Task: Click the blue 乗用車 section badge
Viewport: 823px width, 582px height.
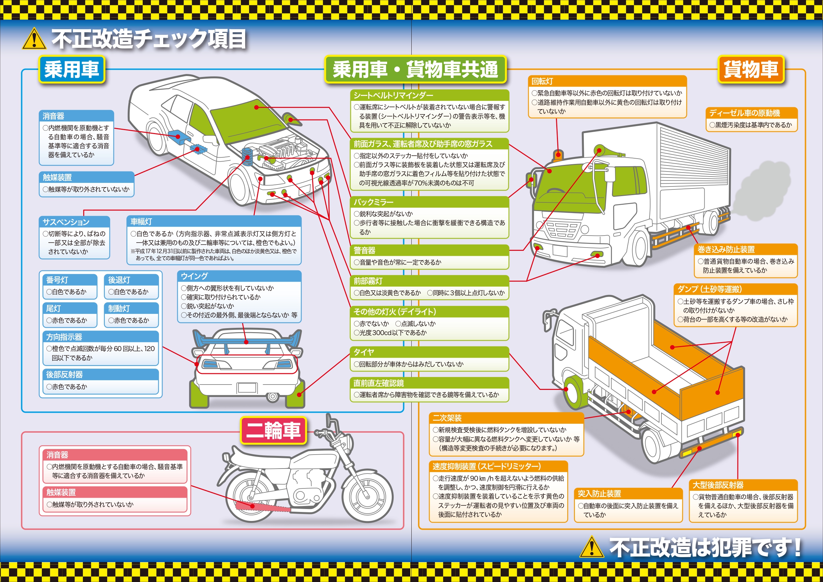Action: coord(72,69)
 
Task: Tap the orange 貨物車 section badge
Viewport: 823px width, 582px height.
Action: coord(751,69)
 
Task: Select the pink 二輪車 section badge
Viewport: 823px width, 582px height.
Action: coord(273,430)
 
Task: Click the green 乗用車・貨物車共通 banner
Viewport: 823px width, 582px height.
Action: coord(415,69)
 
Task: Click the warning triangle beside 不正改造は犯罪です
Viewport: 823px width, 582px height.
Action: coord(591,547)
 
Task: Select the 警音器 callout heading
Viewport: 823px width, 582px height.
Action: coord(365,250)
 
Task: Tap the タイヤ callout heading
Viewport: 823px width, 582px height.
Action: coord(364,352)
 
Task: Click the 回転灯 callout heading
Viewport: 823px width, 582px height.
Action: coord(542,81)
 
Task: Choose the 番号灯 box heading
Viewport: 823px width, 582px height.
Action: coord(57,280)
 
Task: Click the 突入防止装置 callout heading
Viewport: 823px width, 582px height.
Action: coord(599,493)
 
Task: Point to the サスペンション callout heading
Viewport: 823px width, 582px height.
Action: coord(66,222)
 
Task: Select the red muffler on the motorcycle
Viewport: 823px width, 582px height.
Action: coord(262,507)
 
